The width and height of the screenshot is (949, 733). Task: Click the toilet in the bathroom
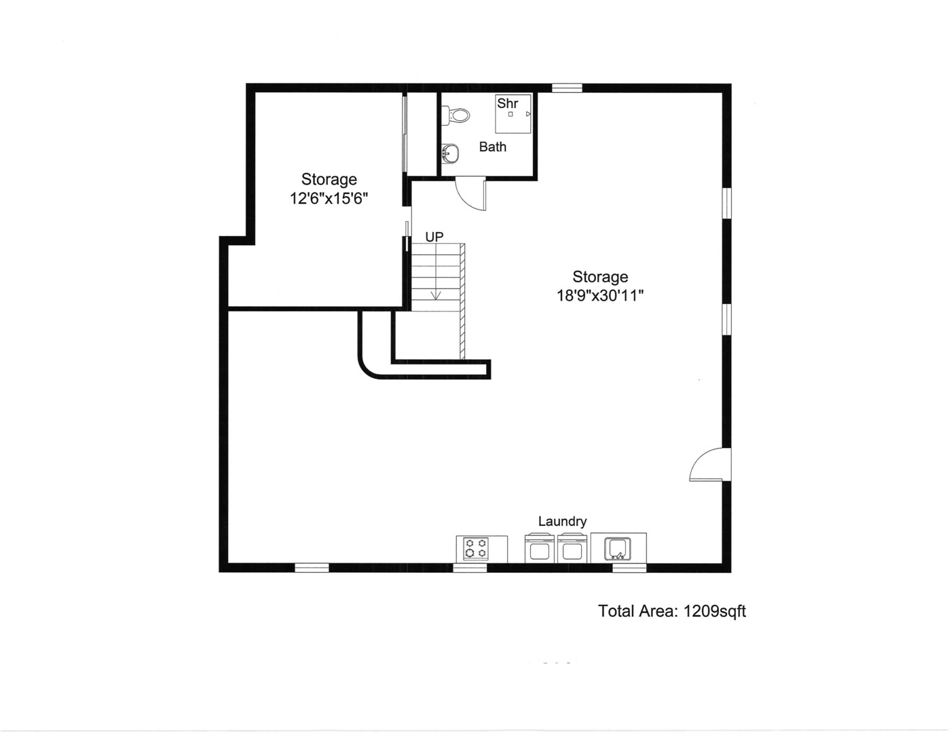pyautogui.click(x=458, y=115)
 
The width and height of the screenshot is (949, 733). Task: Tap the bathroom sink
pyautogui.click(x=450, y=155)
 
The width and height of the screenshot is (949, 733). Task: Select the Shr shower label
pyautogui.click(x=507, y=103)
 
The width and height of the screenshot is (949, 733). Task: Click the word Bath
pyautogui.click(x=492, y=147)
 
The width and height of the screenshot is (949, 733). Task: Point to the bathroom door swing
pyautogui.click(x=470, y=193)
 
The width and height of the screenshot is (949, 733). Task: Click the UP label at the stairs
pyautogui.click(x=434, y=237)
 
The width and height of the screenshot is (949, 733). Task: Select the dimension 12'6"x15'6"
pyautogui.click(x=329, y=199)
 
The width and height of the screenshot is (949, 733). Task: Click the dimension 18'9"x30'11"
pyautogui.click(x=600, y=296)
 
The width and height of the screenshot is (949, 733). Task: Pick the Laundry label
pyautogui.click(x=562, y=521)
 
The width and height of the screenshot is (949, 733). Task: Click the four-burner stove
pyautogui.click(x=476, y=548)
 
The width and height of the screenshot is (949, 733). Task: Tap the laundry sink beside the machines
pyautogui.click(x=618, y=548)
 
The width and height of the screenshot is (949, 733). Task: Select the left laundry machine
pyautogui.click(x=540, y=548)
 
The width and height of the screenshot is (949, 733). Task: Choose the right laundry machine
pyautogui.click(x=572, y=548)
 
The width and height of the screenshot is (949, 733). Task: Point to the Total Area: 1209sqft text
pyautogui.click(x=671, y=611)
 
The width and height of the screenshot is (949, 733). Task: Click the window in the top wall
pyautogui.click(x=567, y=88)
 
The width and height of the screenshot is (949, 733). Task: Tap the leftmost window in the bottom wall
pyautogui.click(x=312, y=567)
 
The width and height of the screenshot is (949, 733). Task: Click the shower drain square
pyautogui.click(x=510, y=114)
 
